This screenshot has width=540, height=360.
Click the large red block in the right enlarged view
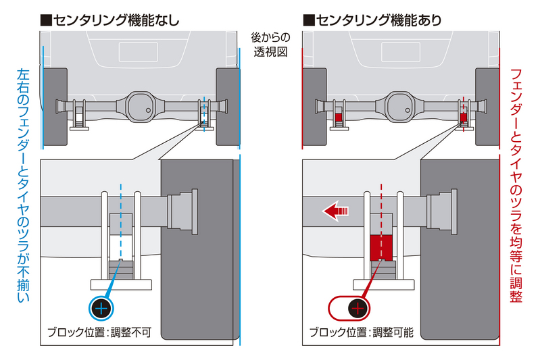coord(382,247)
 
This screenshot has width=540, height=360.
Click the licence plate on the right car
coord(401,49)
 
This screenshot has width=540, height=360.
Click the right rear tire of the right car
coord(489,106)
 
